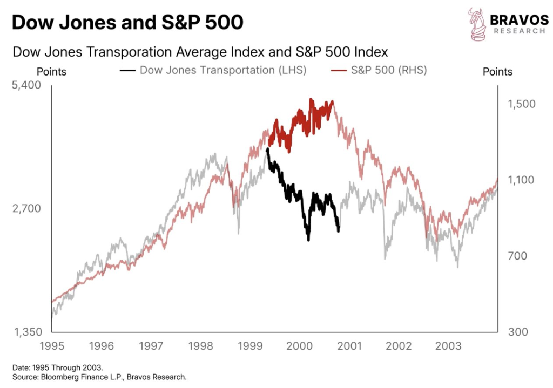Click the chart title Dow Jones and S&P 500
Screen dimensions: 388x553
point(127,23)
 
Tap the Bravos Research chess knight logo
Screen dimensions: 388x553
point(477,24)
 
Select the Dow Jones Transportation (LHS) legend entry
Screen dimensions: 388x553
point(214,70)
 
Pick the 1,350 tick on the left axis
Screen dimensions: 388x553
point(26,332)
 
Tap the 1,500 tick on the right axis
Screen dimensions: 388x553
point(522,104)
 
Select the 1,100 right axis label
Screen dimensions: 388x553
point(522,180)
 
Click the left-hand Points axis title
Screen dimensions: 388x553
point(51,72)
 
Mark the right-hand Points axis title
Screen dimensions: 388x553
point(497,72)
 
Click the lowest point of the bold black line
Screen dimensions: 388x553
point(308,240)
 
